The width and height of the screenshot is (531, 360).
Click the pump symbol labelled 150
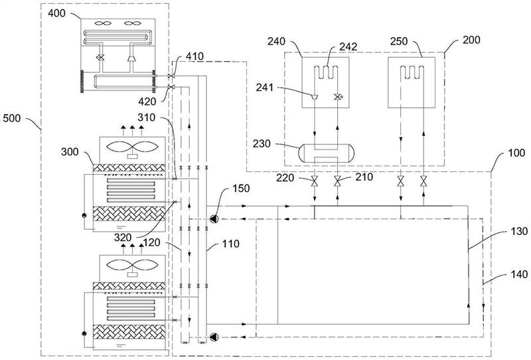214,217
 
